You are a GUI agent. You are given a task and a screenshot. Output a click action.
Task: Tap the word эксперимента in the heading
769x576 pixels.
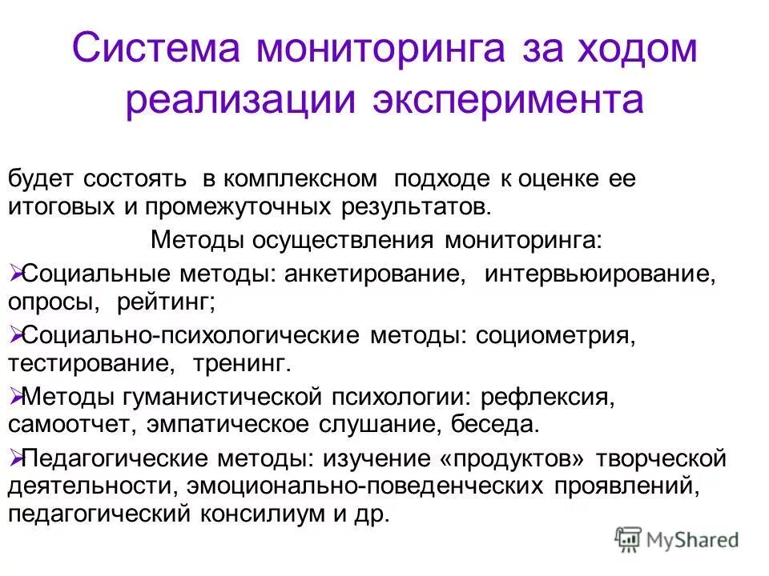(x=508, y=101)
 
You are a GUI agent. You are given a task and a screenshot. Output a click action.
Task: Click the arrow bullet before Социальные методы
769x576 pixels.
(x=16, y=274)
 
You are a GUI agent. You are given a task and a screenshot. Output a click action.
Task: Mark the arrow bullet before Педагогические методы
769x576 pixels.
(x=16, y=458)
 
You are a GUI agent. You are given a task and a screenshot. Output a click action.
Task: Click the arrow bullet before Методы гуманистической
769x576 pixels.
(x=16, y=394)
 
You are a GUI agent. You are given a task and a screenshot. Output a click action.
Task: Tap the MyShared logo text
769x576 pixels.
(x=694, y=541)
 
